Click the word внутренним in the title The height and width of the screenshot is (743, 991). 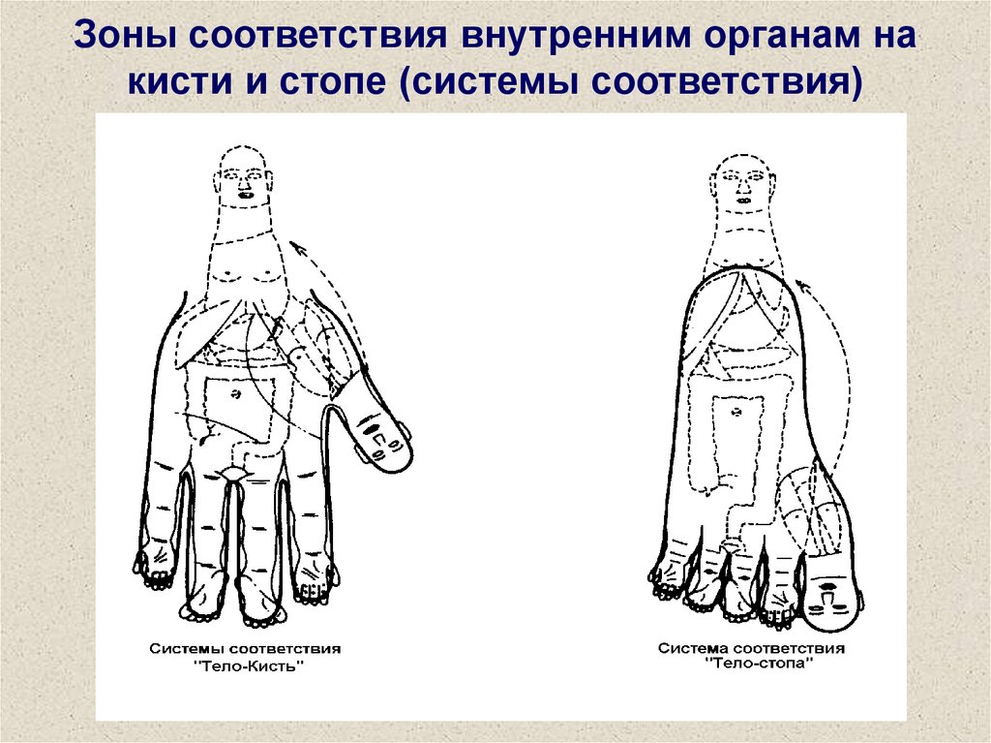click(x=576, y=36)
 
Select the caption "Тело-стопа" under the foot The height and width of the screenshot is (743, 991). click(x=759, y=664)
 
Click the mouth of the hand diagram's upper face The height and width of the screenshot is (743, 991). click(x=245, y=194)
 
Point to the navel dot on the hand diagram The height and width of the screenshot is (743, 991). click(x=236, y=393)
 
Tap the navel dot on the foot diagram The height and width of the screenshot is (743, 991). click(x=736, y=412)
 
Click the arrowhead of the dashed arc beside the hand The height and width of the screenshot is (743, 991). click(x=298, y=247)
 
